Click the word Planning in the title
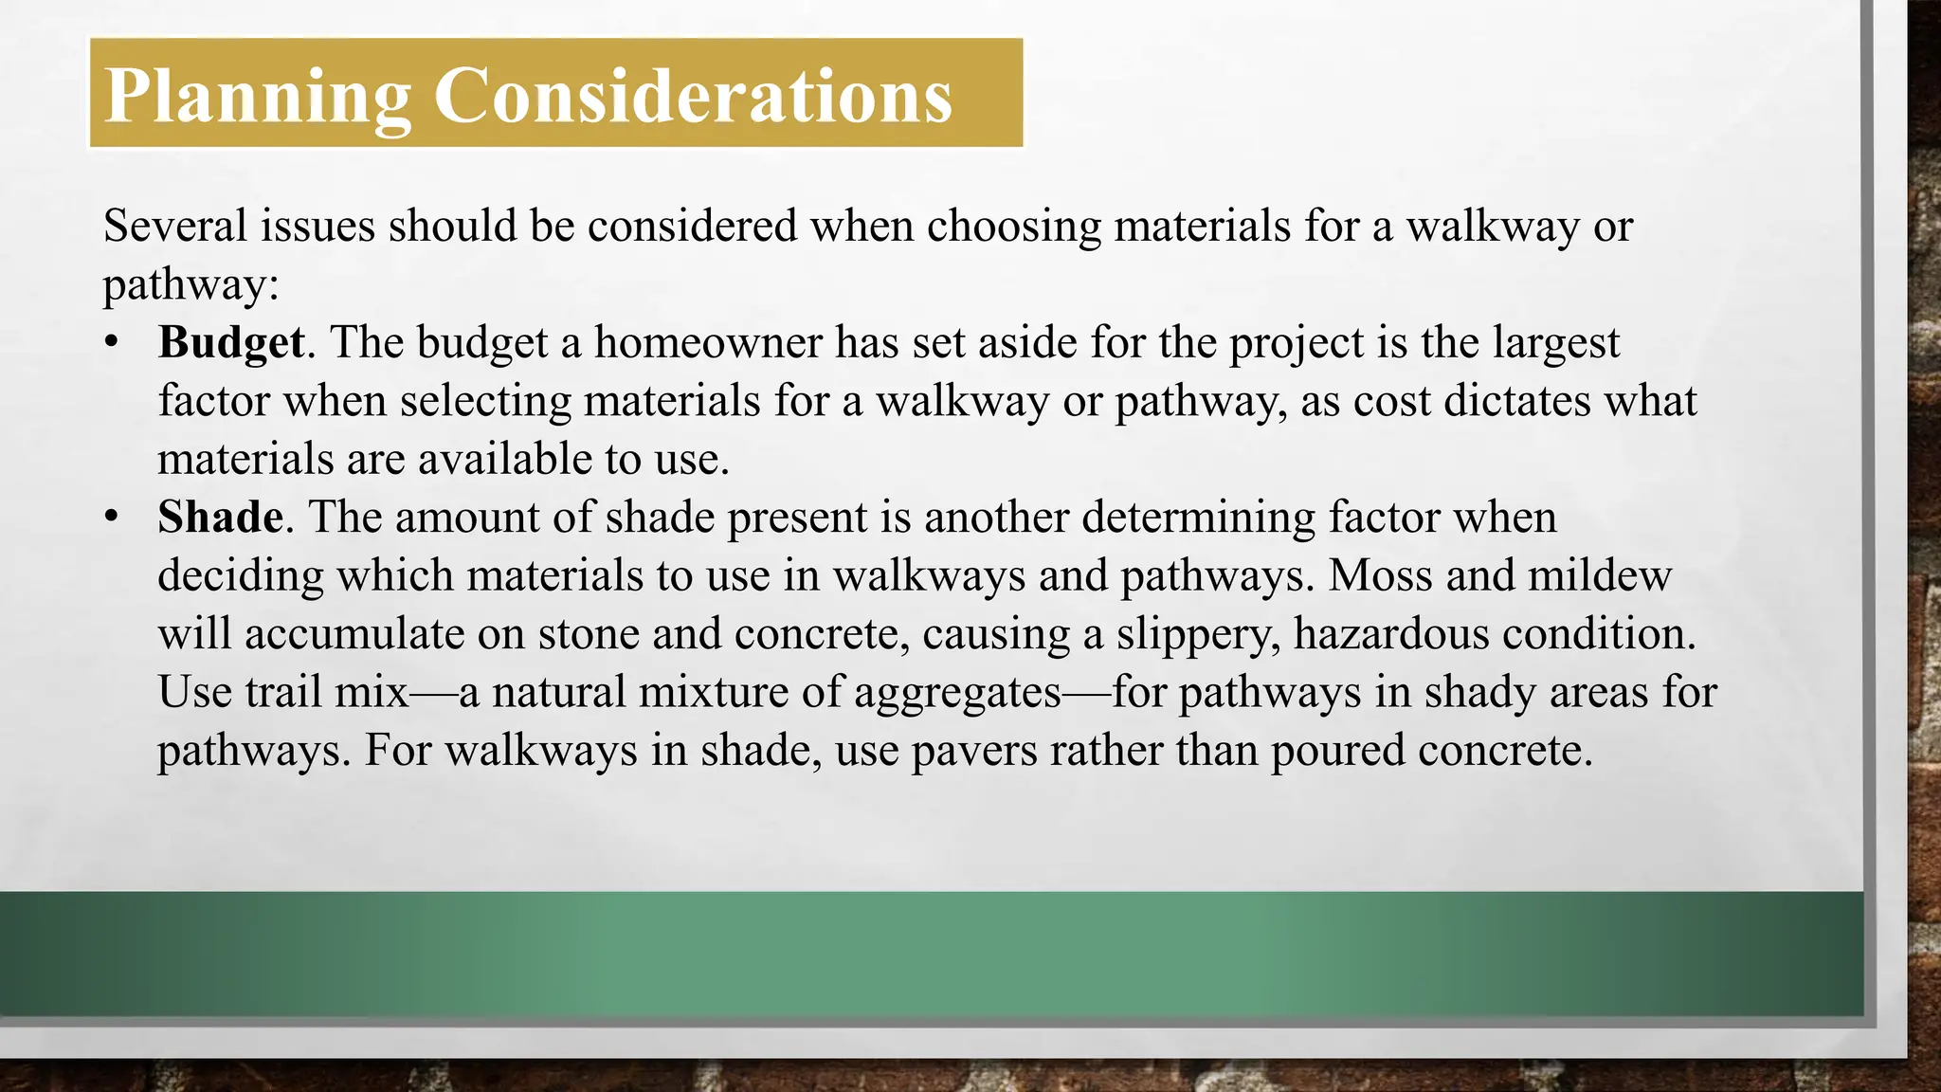point(258,97)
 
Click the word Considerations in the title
point(693,97)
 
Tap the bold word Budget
point(231,342)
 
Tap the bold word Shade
point(220,518)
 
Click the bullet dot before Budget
point(112,342)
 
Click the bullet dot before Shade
point(112,518)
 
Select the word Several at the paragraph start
point(175,226)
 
